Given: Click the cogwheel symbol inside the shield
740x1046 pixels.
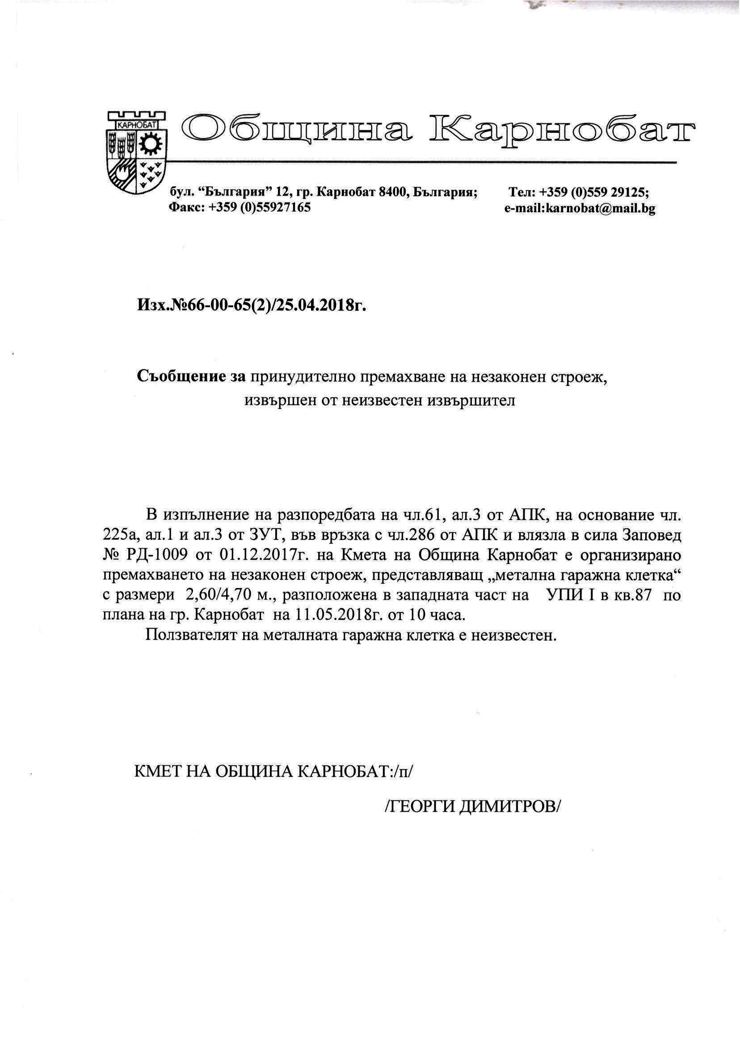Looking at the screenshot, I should [149, 144].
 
